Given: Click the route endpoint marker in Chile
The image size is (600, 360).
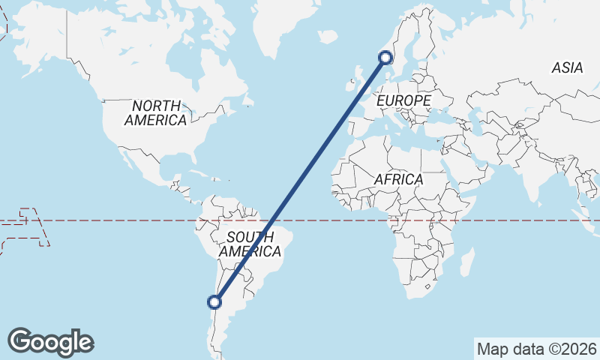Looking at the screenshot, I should pos(215,302).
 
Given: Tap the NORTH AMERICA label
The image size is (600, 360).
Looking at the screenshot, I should pos(156,112).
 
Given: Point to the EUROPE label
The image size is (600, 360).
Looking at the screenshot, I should pos(404,100).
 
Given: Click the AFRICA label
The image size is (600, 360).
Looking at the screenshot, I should pos(399,180).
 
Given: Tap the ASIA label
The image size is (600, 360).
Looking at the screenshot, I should pos(567,68).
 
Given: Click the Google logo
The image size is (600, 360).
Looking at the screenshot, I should pos(51,342).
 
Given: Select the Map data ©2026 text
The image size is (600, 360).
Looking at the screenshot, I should pos(536,349).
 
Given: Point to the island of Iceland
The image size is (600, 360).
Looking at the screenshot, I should pos(328,36).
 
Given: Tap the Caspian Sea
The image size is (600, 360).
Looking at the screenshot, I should pos(475,120).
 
